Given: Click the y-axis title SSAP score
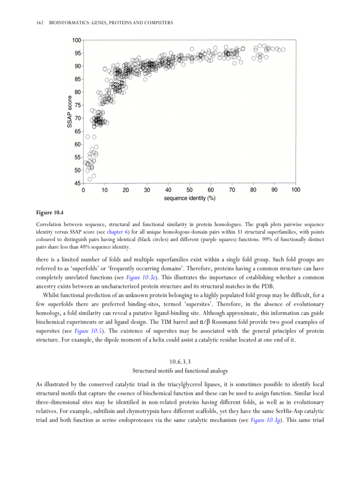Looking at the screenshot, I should tap(69, 112).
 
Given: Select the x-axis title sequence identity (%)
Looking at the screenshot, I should tap(190, 198).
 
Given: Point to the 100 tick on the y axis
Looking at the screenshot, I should tap(76, 40).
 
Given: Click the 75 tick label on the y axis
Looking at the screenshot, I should tap(78, 105).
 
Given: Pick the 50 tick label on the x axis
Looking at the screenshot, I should tap(189, 190).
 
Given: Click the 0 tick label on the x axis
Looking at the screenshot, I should tap(84, 190).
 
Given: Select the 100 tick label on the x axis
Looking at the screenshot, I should tap(295, 190).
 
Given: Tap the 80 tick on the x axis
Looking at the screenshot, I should tap(253, 190).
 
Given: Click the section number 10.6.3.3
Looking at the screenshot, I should tap(180, 362).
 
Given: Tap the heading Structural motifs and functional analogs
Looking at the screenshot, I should tap(180, 371).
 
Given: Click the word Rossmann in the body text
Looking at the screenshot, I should tap(225, 322).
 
